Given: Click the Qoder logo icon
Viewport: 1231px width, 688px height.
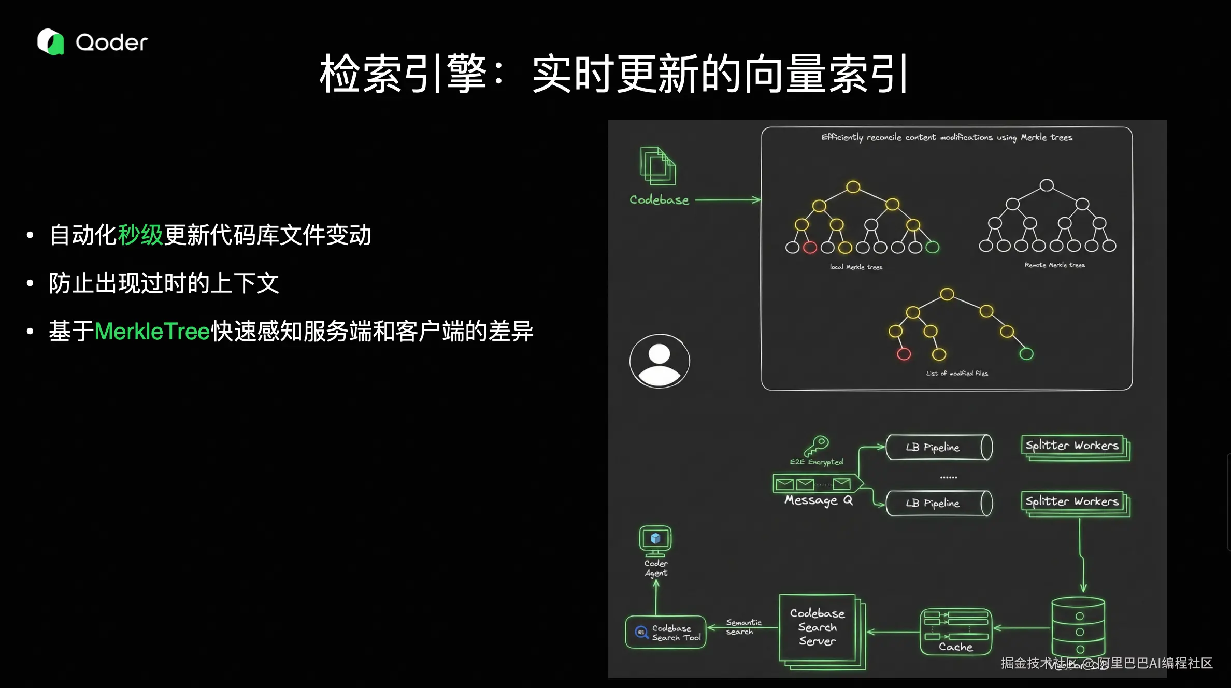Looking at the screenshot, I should [x=50, y=42].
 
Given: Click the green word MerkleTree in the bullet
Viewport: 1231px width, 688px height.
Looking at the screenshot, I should [x=152, y=332].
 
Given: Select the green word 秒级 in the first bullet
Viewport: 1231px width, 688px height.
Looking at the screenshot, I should [x=140, y=235].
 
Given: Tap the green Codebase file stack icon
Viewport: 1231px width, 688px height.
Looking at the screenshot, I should [x=658, y=166].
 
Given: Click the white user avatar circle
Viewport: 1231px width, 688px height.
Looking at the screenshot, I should [x=660, y=361].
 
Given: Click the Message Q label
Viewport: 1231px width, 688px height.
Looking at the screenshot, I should [x=818, y=500].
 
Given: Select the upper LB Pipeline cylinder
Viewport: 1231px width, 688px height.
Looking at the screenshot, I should [x=938, y=447].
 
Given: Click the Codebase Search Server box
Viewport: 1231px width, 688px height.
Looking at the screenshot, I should [x=818, y=628].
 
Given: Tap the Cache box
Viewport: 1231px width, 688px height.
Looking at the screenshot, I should [x=955, y=632].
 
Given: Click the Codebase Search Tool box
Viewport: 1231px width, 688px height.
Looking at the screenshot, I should [x=666, y=632].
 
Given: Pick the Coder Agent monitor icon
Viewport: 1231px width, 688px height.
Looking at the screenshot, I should [x=655, y=540].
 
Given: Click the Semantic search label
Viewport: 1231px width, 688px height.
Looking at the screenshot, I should [x=743, y=627].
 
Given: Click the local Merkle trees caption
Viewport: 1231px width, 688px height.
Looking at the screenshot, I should [x=856, y=267].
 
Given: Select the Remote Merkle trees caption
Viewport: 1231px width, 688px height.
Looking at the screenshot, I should [x=1054, y=265].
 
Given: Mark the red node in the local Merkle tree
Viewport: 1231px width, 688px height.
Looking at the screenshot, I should [x=810, y=248].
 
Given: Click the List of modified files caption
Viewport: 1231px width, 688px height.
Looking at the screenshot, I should [x=957, y=374].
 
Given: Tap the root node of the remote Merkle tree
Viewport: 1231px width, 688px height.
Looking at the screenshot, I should [x=1047, y=185].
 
